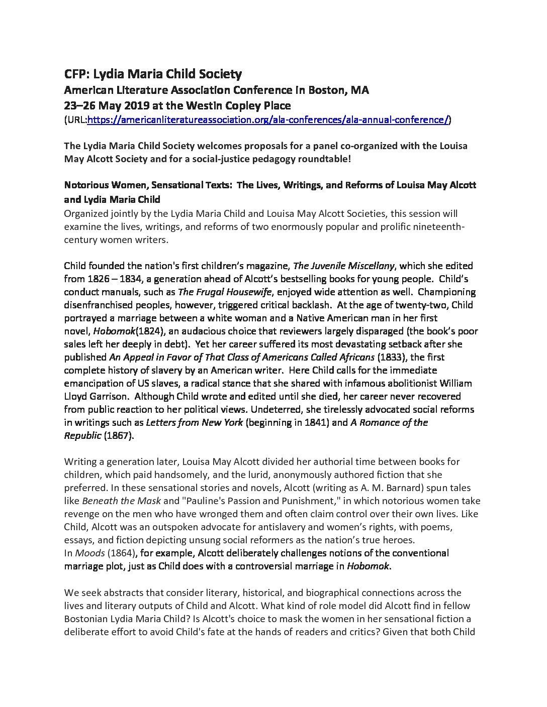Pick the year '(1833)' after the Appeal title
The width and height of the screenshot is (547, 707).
[x=392, y=357]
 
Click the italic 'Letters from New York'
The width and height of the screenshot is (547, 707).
[x=194, y=422]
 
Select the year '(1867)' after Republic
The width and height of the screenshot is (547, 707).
[x=119, y=435]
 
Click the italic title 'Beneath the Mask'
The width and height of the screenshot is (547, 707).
[x=121, y=501]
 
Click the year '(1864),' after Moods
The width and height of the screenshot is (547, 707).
[x=122, y=553]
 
